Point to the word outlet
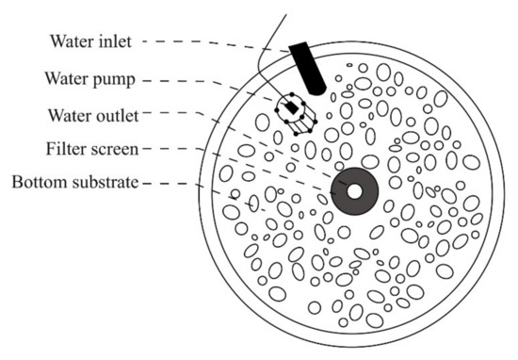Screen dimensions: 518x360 pos(118,116)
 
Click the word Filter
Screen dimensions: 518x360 pos(67,149)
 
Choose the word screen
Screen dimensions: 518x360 pos(115,150)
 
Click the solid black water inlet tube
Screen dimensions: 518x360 pos(307,69)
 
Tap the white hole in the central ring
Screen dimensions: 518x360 pos(355,191)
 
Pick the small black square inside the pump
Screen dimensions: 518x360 pos(292,108)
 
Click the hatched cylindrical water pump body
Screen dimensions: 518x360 pos(296,114)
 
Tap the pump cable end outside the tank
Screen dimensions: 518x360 pos(285,15)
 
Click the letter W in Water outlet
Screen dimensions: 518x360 pos(55,116)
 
